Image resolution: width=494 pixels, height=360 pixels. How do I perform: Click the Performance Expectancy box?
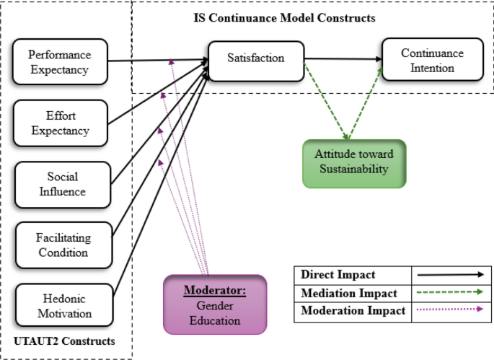tap(60, 61)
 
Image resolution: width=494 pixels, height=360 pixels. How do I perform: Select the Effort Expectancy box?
tap(60, 123)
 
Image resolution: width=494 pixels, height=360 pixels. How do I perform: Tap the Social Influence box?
tap(62, 184)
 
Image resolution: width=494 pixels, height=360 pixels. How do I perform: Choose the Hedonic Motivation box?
tap(64, 307)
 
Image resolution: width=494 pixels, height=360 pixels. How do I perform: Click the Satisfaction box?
tap(255, 59)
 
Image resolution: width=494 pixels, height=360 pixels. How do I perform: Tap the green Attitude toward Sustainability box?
tap(353, 163)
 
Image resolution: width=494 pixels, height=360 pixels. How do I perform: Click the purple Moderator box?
tap(214, 304)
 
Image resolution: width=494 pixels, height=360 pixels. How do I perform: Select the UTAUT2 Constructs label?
tap(64, 340)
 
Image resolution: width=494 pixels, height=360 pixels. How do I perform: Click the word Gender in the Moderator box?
tap(214, 306)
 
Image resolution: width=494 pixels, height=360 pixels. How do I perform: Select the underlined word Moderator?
tap(214, 291)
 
